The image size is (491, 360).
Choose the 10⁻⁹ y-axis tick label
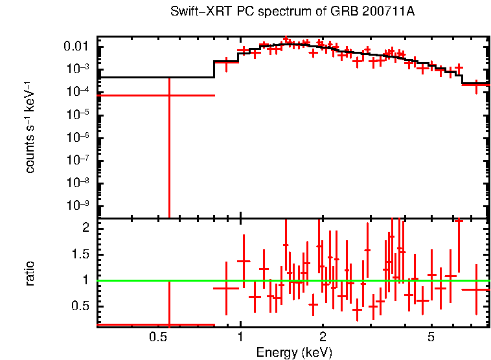coord(81,205)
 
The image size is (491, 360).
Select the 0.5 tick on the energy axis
coord(158,337)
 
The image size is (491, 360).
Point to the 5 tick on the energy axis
coord(431,337)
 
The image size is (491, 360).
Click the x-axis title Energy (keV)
coord(294,352)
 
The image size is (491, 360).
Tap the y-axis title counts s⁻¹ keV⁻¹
coord(30,128)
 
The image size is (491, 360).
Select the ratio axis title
coord(30,274)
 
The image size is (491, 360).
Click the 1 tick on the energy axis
coord(240,337)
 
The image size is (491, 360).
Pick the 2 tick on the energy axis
coord(322,337)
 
